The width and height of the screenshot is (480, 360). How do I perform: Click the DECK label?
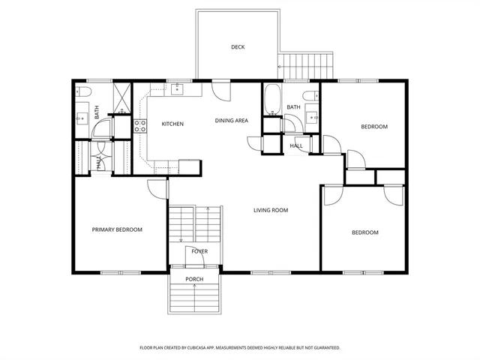coord(238,47)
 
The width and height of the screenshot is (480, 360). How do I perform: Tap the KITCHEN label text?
coord(172,124)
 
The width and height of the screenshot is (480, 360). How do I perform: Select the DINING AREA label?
coord(231,120)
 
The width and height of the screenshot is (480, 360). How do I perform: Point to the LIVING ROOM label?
coord(270,210)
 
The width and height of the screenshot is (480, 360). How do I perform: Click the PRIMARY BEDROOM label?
coord(117,229)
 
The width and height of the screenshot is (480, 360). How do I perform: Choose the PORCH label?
coord(194,279)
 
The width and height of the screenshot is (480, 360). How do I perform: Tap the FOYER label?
coord(199,251)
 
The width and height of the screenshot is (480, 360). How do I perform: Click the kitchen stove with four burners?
coord(139,126)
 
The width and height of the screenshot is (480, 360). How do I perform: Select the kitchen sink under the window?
coord(177,90)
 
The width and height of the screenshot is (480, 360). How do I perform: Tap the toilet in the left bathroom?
coord(83,91)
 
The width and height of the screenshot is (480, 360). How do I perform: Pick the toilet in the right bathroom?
coord(310,97)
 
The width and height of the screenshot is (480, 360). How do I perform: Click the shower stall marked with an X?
coord(121,97)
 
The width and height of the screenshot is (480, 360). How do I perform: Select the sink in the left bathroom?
coord(82,118)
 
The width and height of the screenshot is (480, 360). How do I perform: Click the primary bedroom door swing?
coord(157,188)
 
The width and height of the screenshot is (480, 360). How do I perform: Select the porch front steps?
coord(194,298)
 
